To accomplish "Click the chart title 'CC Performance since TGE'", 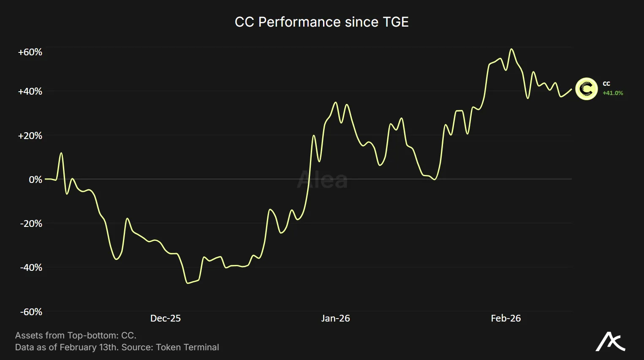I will point(321,22).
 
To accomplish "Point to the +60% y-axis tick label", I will point(30,52).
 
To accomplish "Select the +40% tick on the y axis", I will point(30,92).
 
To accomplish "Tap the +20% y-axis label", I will point(30,136).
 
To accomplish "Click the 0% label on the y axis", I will point(35,180).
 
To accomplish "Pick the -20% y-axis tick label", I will point(31,224).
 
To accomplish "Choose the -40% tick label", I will point(31,267).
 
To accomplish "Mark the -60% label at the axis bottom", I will point(31,312).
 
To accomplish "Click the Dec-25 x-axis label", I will point(165,319).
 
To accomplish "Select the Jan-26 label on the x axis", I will point(335,319).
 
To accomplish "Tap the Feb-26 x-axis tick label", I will point(505,319).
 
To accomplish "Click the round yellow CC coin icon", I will point(586,89).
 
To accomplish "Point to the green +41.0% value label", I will point(613,93).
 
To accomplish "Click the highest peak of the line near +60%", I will point(511,49).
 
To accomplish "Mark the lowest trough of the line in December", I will point(187,283).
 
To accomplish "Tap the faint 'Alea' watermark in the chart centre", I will point(322,180).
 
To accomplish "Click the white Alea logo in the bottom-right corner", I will point(610,342).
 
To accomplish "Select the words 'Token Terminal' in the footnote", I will point(187,347).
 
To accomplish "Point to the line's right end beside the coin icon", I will point(571,89).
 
